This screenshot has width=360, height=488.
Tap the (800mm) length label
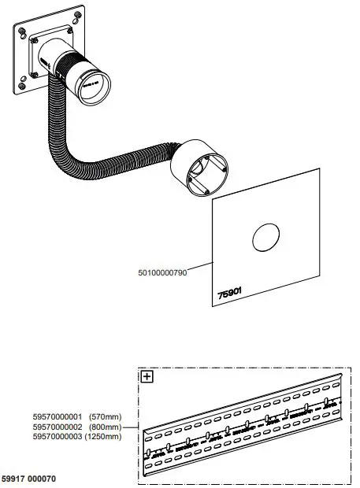(103, 426)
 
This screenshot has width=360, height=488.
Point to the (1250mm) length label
(103, 436)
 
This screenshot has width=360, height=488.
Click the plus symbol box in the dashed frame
(147, 377)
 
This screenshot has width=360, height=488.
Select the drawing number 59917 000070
(28, 479)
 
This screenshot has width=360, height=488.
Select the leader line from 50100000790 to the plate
(200, 268)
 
